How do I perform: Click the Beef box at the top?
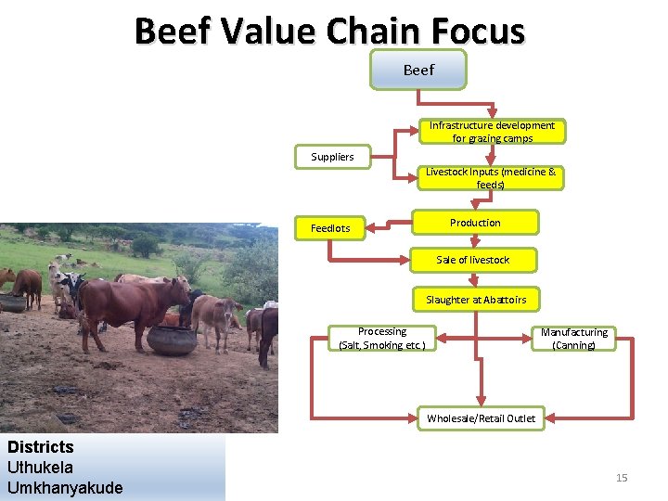pyautogui.click(x=417, y=70)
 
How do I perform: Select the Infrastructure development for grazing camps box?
pyautogui.click(x=492, y=132)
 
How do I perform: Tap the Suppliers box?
pyautogui.click(x=332, y=157)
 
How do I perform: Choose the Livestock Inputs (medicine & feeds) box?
pyautogui.click(x=490, y=178)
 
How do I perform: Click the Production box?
pyautogui.click(x=475, y=223)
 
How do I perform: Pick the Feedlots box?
pyautogui.click(x=330, y=228)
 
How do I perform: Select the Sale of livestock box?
pyautogui.click(x=472, y=260)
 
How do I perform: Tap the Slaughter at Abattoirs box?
pyautogui.click(x=476, y=300)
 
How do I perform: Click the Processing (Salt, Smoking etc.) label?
pyautogui.click(x=382, y=339)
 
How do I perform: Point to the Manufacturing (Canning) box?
pyautogui.click(x=574, y=339)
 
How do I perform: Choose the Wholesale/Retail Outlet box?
pyautogui.click(x=481, y=418)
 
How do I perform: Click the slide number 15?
pyautogui.click(x=622, y=478)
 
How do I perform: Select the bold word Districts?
pyautogui.click(x=40, y=447)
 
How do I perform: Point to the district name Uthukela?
pyautogui.click(x=40, y=468)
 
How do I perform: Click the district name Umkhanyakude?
pyautogui.click(x=65, y=488)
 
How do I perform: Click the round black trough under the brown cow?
pyautogui.click(x=172, y=340)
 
